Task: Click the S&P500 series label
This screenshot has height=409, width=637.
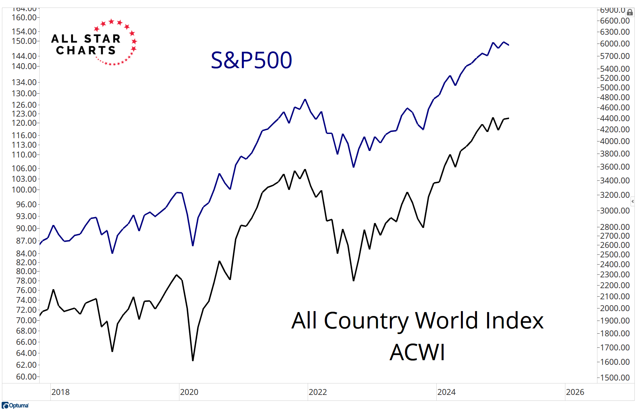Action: point(251,60)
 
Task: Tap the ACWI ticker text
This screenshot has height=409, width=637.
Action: point(417,352)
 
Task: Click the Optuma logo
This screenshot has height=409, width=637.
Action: point(15,405)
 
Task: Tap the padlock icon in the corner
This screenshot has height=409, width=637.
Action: point(630,13)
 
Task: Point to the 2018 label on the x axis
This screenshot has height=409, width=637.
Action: point(61,392)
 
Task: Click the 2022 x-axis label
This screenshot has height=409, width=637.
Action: point(318,392)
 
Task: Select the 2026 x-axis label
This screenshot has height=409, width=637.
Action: point(575,392)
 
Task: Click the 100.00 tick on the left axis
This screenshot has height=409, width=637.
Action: point(24,190)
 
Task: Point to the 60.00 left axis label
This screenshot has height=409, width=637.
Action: point(26,377)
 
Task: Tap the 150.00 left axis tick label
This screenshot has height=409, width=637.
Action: point(24,41)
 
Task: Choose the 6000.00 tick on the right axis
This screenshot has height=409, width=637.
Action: point(615,44)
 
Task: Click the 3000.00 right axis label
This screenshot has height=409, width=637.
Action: point(615,211)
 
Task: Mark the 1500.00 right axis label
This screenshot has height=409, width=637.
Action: point(615,378)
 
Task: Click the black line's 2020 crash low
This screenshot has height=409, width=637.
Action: point(193,361)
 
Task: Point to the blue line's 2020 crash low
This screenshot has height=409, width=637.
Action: point(193,246)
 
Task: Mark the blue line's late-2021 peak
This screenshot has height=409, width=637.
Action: point(305,99)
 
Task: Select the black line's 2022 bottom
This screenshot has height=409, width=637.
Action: point(354,281)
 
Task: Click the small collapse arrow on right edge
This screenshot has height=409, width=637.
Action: point(632,201)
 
